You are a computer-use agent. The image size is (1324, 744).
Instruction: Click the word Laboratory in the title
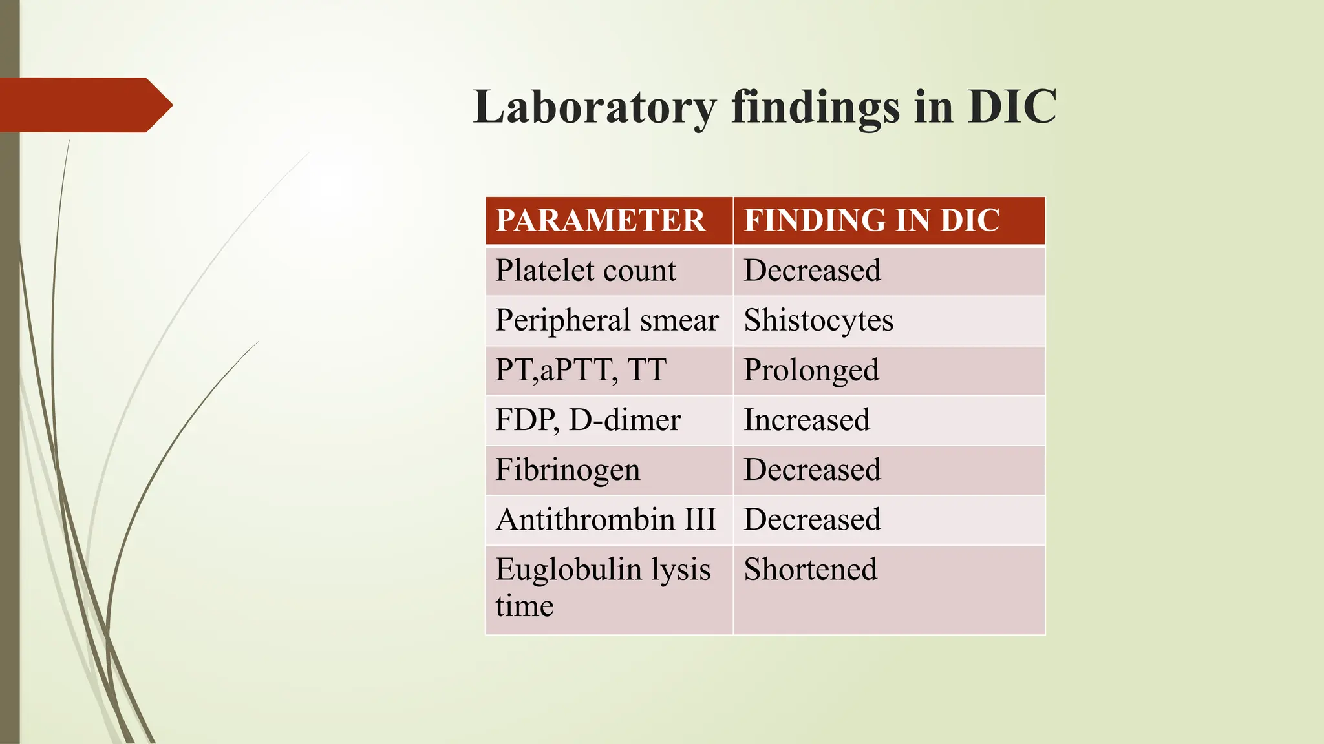coord(595,107)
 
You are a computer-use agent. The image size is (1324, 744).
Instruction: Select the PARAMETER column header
coord(600,220)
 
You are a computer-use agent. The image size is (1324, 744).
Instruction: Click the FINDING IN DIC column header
coord(871,220)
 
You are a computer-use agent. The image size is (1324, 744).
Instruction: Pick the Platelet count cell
coord(586,271)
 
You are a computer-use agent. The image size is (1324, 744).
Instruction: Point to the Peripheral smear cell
coord(606,320)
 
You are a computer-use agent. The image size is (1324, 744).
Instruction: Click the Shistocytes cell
coord(818,320)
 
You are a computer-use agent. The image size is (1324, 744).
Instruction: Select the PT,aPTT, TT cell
coord(581,370)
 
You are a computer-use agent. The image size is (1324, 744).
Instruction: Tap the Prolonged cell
coord(811,371)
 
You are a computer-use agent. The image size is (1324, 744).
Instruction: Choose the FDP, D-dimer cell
coord(588,420)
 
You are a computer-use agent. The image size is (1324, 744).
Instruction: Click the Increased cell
coord(807,420)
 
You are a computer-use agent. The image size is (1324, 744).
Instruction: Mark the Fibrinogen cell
coord(568,470)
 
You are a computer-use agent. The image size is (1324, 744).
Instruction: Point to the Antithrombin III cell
coord(606,520)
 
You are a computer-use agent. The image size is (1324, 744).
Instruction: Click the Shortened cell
coord(811,570)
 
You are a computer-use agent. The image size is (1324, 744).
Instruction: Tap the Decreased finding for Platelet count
coord(812,271)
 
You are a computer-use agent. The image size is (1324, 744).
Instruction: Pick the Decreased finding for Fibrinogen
coord(812,470)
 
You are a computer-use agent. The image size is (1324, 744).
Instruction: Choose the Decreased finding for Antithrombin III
coord(812,520)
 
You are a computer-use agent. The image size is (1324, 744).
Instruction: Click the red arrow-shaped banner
coord(84,105)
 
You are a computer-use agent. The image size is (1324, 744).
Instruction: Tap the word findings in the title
coord(815,107)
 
